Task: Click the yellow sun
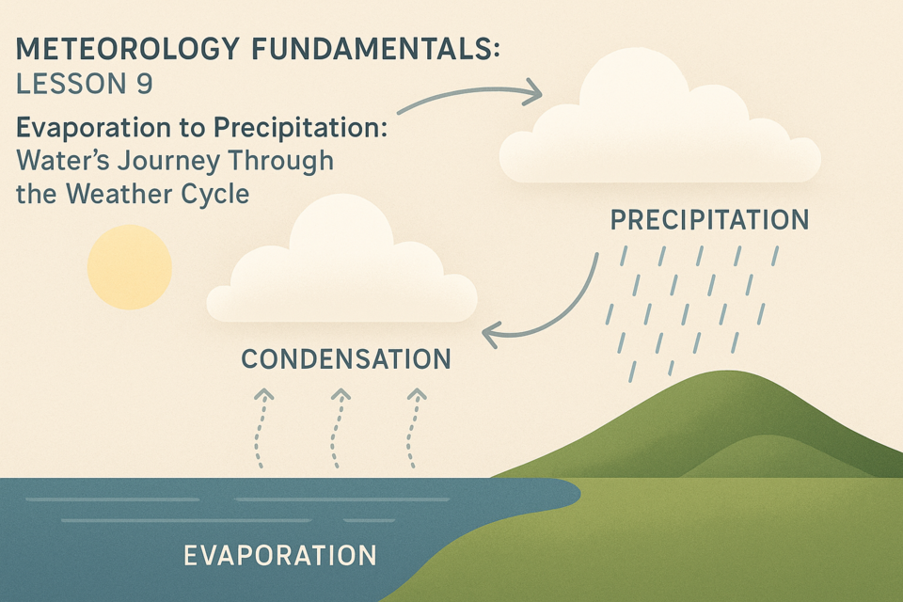tap(130, 267)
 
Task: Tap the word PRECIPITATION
tap(709, 220)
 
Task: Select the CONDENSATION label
tap(346, 359)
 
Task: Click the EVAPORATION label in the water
tap(280, 556)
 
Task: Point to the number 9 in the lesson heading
tap(145, 84)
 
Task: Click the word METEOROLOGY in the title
tap(127, 48)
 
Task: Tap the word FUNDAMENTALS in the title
tap(376, 48)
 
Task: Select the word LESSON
tap(71, 84)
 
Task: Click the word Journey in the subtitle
tap(168, 161)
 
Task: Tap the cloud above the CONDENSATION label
tap(342, 262)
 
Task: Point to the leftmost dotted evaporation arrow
tap(261, 428)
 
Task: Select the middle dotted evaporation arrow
tap(338, 428)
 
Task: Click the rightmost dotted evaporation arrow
tap(413, 428)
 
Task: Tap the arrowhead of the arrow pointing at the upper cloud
tap(532, 91)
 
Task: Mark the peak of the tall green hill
tap(727, 372)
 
